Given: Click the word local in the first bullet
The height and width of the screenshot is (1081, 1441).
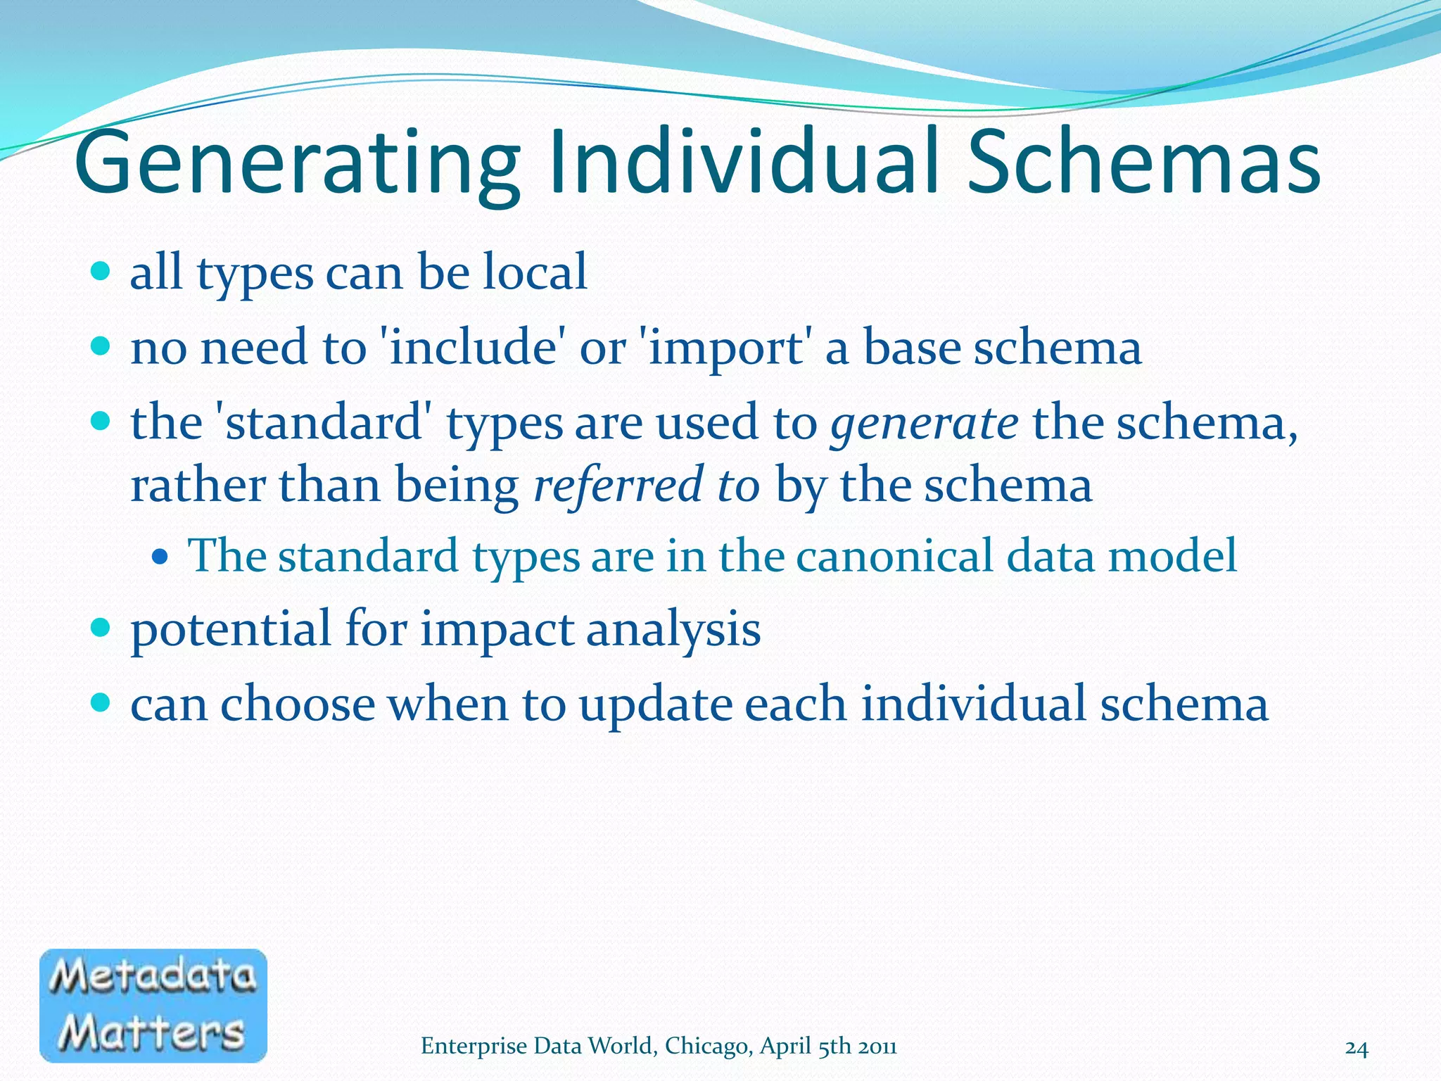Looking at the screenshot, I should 535,272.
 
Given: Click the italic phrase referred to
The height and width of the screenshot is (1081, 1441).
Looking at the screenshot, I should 647,486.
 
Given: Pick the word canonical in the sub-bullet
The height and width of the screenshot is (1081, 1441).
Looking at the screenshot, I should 894,555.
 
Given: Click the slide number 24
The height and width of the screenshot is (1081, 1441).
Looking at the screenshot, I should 1357,1049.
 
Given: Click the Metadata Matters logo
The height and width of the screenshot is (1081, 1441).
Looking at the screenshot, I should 153,1005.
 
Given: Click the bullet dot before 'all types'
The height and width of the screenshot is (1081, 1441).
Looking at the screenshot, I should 101,270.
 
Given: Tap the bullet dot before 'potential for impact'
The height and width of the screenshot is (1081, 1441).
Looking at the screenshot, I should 101,626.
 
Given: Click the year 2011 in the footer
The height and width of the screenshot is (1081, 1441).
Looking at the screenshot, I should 877,1047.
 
